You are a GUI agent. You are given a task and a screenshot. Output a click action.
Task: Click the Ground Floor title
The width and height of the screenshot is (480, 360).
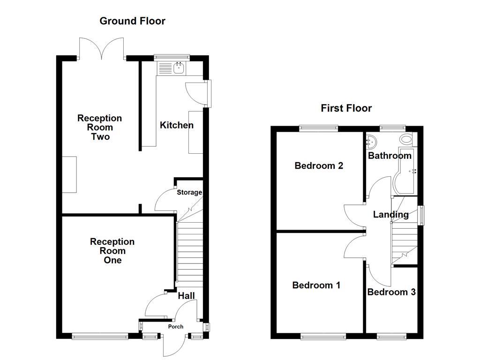(x=132, y=21)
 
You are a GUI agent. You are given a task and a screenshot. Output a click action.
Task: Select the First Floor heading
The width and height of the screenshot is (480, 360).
(x=346, y=108)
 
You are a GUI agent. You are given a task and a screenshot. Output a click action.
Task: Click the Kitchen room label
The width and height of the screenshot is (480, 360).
(x=177, y=125)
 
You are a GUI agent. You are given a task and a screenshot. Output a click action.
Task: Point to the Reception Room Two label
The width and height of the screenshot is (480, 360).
(x=100, y=127)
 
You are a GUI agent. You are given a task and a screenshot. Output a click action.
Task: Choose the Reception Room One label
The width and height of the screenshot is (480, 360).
(x=112, y=251)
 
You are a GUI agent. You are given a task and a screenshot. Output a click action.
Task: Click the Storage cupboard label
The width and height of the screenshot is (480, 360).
(x=189, y=192)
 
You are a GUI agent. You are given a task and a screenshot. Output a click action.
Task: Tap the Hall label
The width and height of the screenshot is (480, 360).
(x=186, y=296)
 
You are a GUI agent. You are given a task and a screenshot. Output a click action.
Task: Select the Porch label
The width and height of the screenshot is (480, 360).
(x=176, y=327)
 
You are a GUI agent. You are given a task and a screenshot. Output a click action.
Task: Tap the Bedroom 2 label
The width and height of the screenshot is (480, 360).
(x=319, y=165)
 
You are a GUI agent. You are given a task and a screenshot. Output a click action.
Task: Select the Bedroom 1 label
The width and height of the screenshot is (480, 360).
(x=316, y=285)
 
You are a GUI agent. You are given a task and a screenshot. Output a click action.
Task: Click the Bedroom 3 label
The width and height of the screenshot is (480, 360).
(x=391, y=292)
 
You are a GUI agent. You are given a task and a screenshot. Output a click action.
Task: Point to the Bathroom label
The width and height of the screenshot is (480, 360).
(x=390, y=156)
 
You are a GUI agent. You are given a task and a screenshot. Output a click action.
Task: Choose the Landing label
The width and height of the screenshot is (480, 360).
(x=390, y=215)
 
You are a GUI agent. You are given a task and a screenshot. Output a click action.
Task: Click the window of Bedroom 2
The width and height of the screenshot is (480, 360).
(x=319, y=127)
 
